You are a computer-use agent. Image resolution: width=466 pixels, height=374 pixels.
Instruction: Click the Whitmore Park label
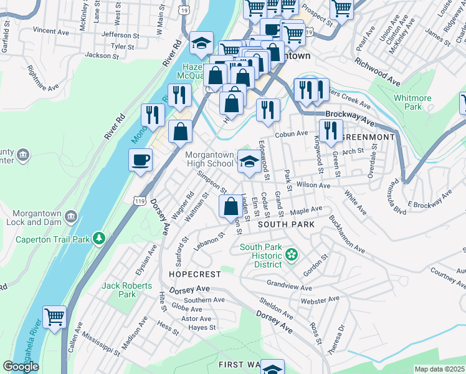(x=408, y=102)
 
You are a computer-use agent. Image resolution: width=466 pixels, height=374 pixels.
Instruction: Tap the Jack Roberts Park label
(x=118, y=290)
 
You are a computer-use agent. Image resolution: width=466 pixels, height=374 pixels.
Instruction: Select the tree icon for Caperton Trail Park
(x=98, y=238)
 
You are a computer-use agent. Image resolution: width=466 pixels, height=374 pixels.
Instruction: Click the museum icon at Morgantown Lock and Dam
(x=70, y=216)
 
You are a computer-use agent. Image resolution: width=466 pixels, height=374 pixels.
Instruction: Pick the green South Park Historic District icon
(x=291, y=254)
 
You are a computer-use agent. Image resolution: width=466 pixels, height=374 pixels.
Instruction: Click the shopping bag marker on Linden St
(x=231, y=206)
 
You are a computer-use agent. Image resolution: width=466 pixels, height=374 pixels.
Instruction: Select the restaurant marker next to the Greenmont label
(x=330, y=131)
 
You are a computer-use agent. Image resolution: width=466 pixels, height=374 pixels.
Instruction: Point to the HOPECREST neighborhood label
(x=194, y=274)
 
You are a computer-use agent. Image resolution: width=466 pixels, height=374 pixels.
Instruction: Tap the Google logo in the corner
(x=21, y=367)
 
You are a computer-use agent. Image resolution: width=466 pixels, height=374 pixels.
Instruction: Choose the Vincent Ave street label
(x=52, y=30)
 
